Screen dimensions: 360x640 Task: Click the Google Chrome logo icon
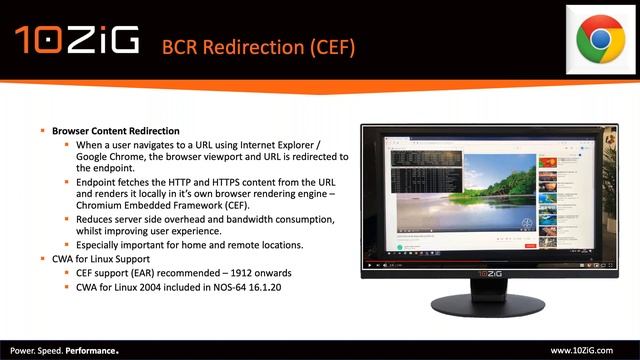point(600,39)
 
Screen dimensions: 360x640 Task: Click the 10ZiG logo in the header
point(74,41)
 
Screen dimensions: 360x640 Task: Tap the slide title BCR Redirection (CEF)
point(258,46)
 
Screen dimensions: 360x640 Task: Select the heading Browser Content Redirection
point(117,131)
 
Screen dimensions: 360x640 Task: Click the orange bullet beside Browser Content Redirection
point(43,131)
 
